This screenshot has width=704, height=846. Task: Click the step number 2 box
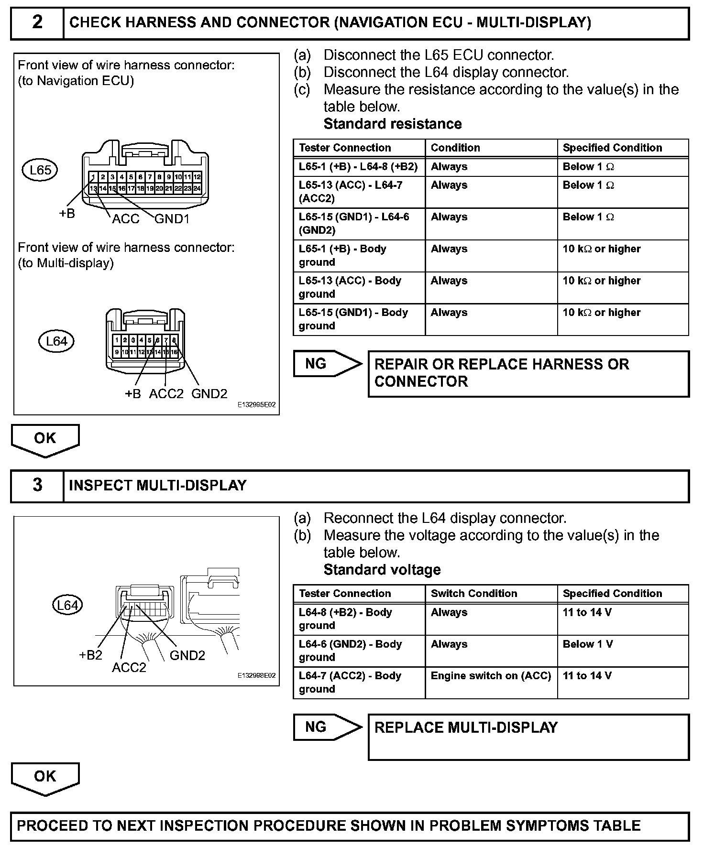[37, 22]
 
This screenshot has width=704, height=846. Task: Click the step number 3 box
[37, 486]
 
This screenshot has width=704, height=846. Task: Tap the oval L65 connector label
[40, 170]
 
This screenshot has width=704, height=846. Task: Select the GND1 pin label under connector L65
[172, 219]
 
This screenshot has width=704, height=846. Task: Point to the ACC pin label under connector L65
[125, 219]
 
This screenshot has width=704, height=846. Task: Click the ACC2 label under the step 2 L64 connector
[166, 394]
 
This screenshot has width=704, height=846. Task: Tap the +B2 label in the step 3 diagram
[90, 655]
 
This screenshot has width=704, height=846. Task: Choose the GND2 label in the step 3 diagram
[187, 655]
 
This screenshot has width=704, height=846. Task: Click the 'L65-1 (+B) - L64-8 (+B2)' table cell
[358, 167]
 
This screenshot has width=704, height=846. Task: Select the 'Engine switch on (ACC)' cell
[491, 676]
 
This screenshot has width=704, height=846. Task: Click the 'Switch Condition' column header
[473, 594]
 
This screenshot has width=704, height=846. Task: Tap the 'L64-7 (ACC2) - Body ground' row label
[350, 682]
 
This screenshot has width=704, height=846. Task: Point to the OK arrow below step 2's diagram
[45, 440]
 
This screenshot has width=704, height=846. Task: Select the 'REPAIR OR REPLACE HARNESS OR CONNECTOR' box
[528, 373]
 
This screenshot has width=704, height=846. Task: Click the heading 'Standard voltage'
[382, 570]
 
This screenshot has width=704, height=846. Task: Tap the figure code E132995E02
[256, 405]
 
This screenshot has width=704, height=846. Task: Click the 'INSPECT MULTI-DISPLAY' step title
[157, 486]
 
